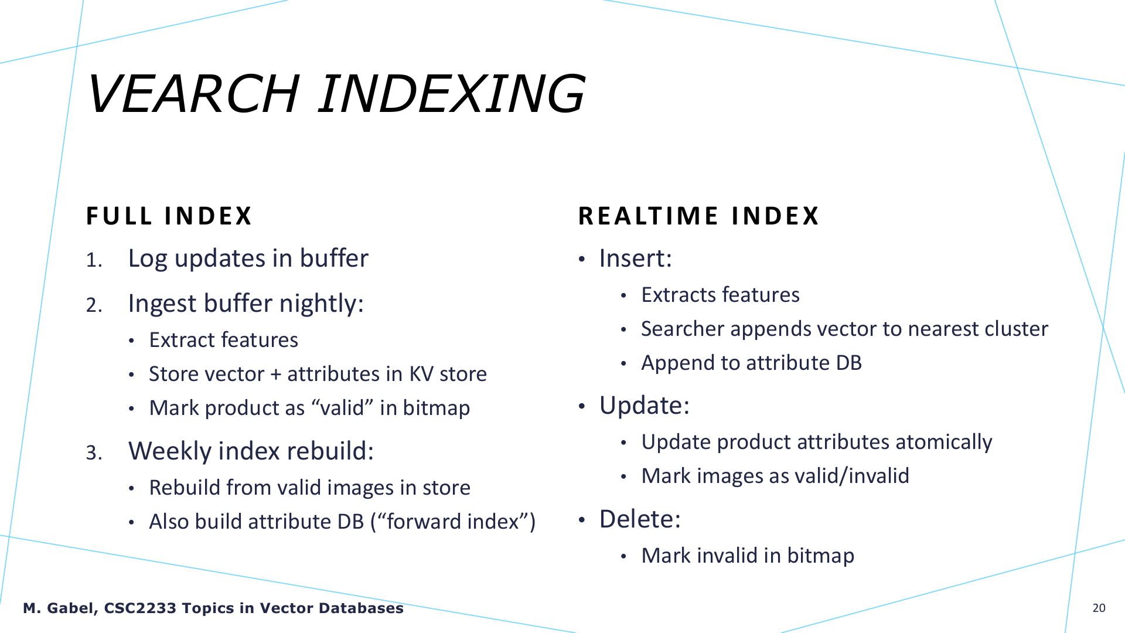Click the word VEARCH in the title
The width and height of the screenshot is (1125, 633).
click(x=193, y=94)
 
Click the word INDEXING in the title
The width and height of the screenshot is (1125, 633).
click(x=452, y=94)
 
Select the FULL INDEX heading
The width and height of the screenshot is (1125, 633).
click(x=169, y=216)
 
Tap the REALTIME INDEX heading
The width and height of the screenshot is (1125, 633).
click(x=698, y=216)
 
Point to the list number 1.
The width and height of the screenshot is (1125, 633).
click(x=94, y=260)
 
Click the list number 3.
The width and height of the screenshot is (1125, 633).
click(x=94, y=452)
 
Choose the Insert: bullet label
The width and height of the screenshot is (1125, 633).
click(x=635, y=258)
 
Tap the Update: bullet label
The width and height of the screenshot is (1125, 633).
click(x=644, y=406)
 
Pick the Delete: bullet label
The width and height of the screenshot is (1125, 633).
click(x=640, y=519)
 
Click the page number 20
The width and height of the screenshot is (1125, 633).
click(x=1099, y=608)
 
